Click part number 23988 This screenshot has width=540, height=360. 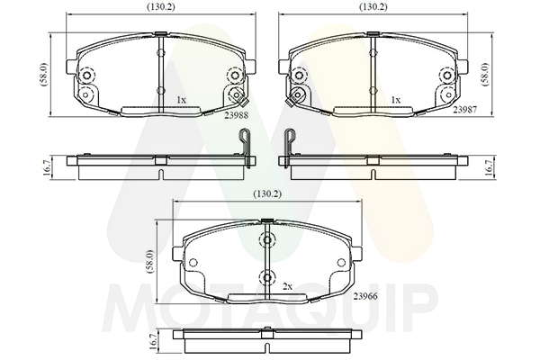point(236,116)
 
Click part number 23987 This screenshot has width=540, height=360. point(465,110)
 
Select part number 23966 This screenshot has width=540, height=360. point(365,296)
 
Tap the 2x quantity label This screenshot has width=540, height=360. point(287,286)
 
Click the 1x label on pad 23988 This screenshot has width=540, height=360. point(182,100)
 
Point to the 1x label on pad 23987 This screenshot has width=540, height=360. point(396,100)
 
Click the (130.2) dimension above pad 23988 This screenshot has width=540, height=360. point(161,7)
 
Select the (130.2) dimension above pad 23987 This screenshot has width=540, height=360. point(373,7)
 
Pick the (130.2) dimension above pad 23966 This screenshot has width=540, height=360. point(267,194)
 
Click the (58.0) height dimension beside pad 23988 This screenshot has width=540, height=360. point(44,75)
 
